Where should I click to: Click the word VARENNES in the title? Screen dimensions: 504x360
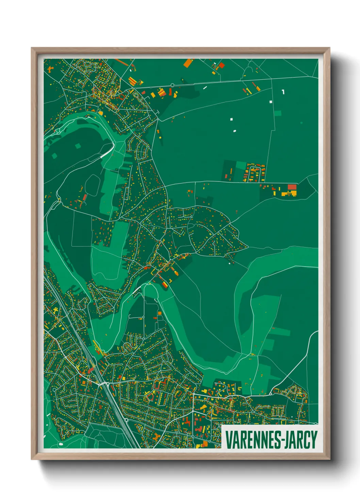[251, 440]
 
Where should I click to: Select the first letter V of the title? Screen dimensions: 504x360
[228, 440]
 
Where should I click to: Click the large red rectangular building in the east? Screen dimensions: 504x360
[292, 187]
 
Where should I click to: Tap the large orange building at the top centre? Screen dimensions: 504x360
[188, 63]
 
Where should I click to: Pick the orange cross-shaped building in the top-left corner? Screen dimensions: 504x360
[51, 69]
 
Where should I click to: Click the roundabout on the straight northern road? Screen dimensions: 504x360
[173, 85]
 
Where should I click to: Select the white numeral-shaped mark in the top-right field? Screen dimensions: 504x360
[283, 92]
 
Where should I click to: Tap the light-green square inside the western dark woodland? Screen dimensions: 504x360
[78, 146]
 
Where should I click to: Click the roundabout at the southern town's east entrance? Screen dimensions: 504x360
[271, 394]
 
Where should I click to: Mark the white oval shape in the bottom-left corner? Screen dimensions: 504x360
[61, 444]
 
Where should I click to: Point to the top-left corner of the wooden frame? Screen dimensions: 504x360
[32, 48]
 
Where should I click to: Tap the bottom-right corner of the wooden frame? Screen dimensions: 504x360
[329, 459]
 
